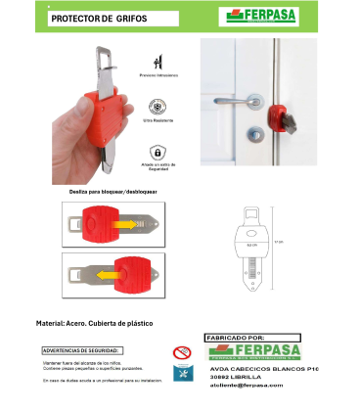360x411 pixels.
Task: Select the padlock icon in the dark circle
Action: coord(156,152)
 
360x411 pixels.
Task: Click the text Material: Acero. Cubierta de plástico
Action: coord(93,322)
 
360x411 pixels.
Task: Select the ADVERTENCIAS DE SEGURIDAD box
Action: coord(82,350)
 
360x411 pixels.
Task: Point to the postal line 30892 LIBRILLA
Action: coord(246,377)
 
